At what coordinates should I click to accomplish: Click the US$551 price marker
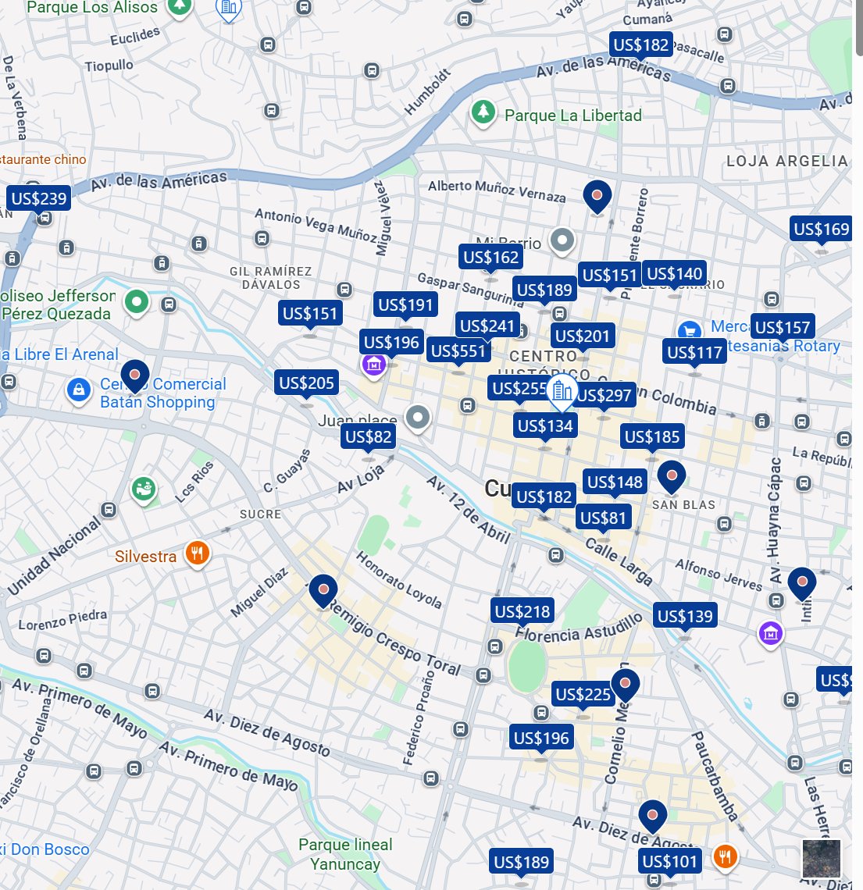pyautogui.click(x=458, y=351)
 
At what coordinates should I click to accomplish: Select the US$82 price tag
pyautogui.click(x=368, y=436)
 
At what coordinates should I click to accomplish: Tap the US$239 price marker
pyautogui.click(x=38, y=198)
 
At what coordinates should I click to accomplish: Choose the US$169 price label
pyautogui.click(x=821, y=229)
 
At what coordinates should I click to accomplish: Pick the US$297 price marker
pyautogui.click(x=604, y=396)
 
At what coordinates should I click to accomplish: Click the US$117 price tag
pyautogui.click(x=694, y=352)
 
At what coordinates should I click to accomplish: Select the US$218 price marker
pyautogui.click(x=522, y=611)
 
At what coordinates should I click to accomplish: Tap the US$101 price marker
pyautogui.click(x=669, y=861)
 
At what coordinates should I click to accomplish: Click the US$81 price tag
pyautogui.click(x=603, y=518)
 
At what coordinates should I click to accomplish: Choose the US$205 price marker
pyautogui.click(x=307, y=383)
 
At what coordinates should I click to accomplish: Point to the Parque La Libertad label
pyautogui.click(x=572, y=116)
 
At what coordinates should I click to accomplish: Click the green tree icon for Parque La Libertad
pyautogui.click(x=483, y=112)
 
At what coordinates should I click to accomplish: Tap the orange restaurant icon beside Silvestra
pyautogui.click(x=197, y=554)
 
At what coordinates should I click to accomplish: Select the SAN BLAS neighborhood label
pyautogui.click(x=683, y=505)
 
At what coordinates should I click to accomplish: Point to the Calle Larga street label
pyautogui.click(x=619, y=561)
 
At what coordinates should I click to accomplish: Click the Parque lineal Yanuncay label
pyautogui.click(x=345, y=854)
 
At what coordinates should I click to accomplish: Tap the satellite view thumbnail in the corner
pyautogui.click(x=822, y=858)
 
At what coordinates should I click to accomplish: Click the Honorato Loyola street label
pyautogui.click(x=399, y=581)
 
